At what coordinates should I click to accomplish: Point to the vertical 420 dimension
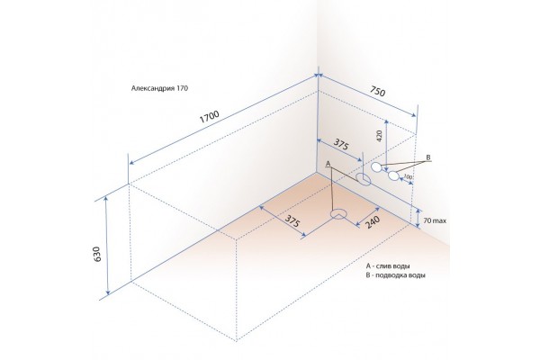[x=381, y=136]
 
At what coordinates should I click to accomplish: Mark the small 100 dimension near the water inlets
[x=409, y=177]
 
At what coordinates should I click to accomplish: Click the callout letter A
[x=328, y=163]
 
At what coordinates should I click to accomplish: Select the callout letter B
[x=428, y=158]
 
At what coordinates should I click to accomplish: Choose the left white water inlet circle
[x=376, y=167]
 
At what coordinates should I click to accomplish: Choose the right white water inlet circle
[x=393, y=175]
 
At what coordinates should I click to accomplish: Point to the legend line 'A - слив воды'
[x=390, y=266]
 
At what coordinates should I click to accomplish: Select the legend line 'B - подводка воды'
[x=396, y=276]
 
